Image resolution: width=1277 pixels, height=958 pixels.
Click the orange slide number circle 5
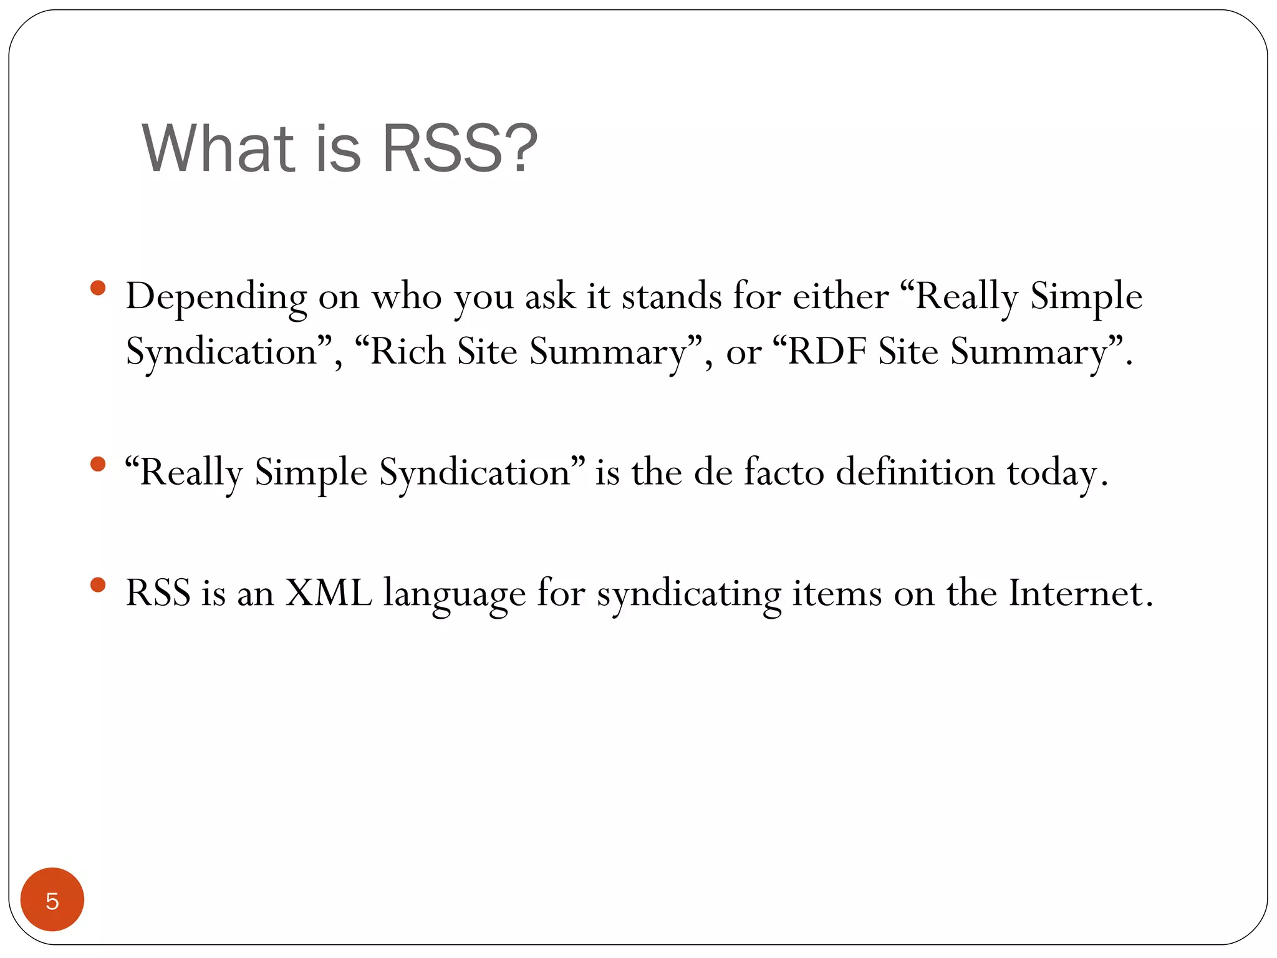tap(52, 899)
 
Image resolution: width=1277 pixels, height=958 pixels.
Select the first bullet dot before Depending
tap(98, 288)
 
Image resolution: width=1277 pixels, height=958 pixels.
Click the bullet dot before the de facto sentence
tap(98, 464)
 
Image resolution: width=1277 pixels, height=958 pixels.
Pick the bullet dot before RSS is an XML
tap(98, 584)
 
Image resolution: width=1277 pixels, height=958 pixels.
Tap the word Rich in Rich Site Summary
tap(408, 351)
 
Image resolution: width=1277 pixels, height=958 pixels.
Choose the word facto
tap(784, 472)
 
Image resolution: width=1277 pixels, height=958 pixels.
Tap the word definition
tap(915, 472)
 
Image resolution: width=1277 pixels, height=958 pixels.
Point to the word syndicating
tap(689, 594)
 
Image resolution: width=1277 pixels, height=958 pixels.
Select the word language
tap(454, 594)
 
